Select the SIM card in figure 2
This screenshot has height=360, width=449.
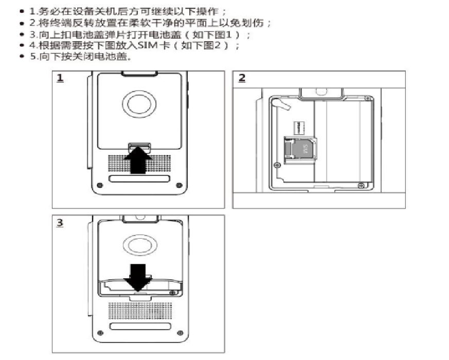click(302, 149)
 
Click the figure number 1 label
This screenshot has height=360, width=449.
click(60, 79)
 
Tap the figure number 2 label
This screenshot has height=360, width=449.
click(242, 79)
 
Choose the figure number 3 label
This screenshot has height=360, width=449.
click(60, 223)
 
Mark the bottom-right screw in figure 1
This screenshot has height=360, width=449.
click(179, 185)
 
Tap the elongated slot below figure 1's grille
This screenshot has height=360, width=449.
click(138, 179)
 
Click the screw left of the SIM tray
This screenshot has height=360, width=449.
click(277, 165)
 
